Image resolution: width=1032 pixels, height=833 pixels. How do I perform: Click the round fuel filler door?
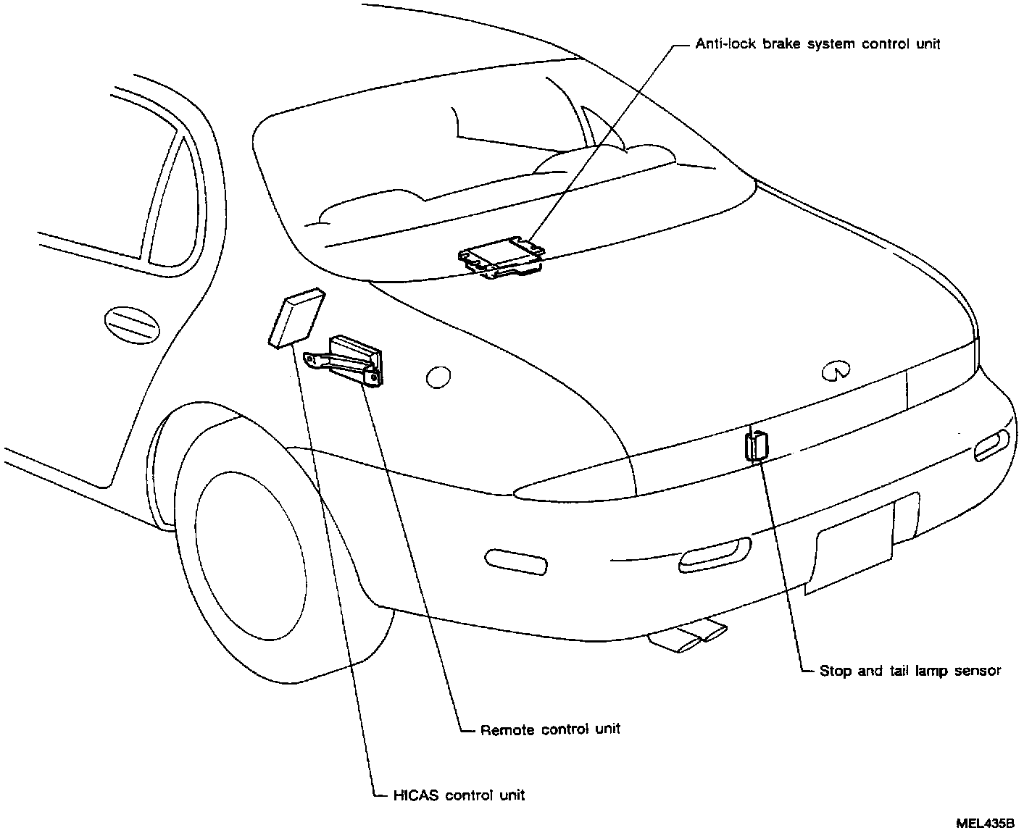pyautogui.click(x=438, y=377)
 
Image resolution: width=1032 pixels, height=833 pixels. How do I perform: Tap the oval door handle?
pyautogui.click(x=132, y=324)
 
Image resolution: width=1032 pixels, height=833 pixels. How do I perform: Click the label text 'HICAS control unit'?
pyautogui.click(x=458, y=795)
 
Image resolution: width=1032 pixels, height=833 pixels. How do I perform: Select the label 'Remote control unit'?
pyautogui.click(x=550, y=729)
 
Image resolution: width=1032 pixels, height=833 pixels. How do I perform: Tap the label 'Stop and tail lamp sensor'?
pyautogui.click(x=910, y=671)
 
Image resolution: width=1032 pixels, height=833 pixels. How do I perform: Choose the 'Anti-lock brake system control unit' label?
pyautogui.click(x=817, y=44)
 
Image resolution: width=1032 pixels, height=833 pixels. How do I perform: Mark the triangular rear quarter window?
pyautogui.click(x=172, y=206)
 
